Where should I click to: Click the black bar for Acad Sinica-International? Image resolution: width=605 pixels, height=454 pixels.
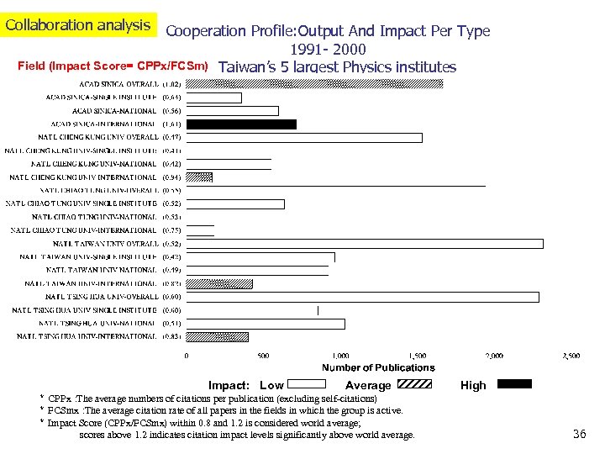[240, 124]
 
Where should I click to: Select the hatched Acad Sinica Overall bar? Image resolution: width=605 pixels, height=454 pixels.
[313, 83]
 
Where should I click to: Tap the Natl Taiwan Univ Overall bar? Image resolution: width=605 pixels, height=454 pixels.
[364, 244]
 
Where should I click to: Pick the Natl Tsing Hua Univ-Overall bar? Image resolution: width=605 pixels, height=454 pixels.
[361, 297]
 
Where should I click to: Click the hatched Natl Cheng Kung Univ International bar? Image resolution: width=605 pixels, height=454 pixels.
[198, 177]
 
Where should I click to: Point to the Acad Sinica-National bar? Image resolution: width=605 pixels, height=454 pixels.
[231, 111]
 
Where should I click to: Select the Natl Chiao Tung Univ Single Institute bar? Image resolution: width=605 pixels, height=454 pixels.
[234, 203]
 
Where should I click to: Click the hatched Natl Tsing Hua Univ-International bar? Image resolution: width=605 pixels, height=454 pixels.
[216, 337]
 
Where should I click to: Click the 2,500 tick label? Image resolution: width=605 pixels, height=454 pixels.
[570, 356]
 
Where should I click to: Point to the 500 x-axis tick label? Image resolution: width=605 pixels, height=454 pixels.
[263, 356]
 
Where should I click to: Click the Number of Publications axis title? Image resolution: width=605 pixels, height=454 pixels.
[378, 367]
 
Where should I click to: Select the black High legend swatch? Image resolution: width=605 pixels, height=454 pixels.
[514, 384]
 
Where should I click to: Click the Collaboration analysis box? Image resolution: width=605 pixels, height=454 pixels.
[77, 24]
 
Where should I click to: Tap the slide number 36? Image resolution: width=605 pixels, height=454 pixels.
[578, 434]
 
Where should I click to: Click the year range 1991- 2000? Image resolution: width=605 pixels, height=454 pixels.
[328, 50]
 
